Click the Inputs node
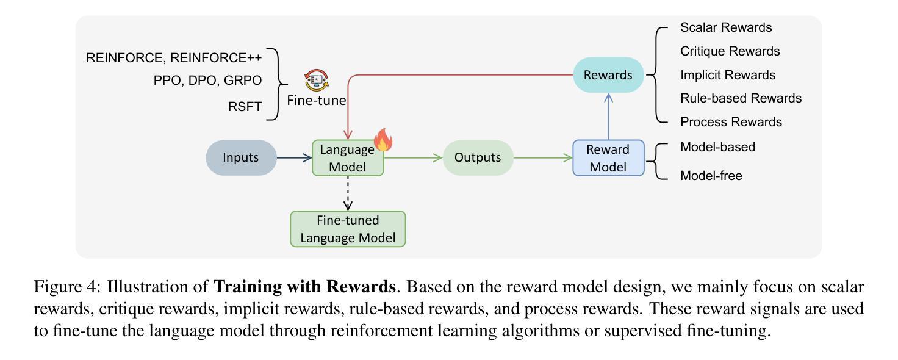pyautogui.click(x=241, y=157)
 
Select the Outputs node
pyautogui.click(x=478, y=157)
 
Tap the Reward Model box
pyautogui.click(x=608, y=158)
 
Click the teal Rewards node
pyautogui.click(x=608, y=75)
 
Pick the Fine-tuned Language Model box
pyautogui.click(x=348, y=229)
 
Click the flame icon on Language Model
pyautogui.click(x=383, y=140)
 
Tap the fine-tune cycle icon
pyautogui.click(x=316, y=80)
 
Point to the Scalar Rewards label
pyautogui.click(x=726, y=27)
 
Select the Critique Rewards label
pyautogui.click(x=730, y=51)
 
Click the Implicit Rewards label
pyautogui.click(x=728, y=75)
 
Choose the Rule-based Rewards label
pyautogui.click(x=741, y=98)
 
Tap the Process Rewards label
pyautogui.click(x=731, y=122)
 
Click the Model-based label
pyautogui.click(x=717, y=147)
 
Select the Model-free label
pyautogui.click(x=711, y=176)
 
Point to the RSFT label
pyautogui.click(x=245, y=107)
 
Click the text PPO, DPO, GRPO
pyautogui.click(x=207, y=81)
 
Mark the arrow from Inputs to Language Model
pyautogui.click(x=294, y=158)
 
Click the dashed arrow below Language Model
pyautogui.click(x=348, y=193)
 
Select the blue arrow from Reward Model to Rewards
pyautogui.click(x=609, y=117)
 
